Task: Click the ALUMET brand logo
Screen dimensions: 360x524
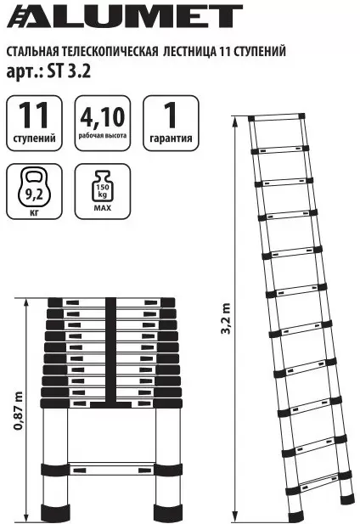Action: click(x=125, y=15)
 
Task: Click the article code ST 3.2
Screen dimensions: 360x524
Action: click(x=69, y=70)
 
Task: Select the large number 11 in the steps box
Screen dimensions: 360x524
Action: click(x=34, y=116)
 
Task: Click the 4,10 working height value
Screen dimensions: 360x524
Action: click(x=103, y=117)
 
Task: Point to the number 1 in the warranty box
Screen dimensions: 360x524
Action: click(x=171, y=116)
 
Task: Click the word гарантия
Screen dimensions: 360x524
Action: click(x=171, y=138)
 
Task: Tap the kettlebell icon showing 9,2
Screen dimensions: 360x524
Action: click(x=34, y=188)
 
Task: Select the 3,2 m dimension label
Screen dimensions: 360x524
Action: click(x=226, y=318)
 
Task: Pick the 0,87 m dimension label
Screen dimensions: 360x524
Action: click(x=19, y=411)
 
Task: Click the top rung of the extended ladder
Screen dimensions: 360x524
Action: click(x=277, y=118)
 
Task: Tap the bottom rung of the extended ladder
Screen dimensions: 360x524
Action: click(x=318, y=483)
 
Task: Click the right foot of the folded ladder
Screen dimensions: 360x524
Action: click(x=168, y=511)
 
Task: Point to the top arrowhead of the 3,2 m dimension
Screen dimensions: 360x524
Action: click(x=236, y=121)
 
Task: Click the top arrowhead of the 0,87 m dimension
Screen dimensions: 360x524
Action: click(x=26, y=303)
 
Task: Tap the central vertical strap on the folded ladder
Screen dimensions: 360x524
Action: click(x=111, y=352)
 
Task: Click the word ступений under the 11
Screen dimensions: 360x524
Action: click(x=34, y=138)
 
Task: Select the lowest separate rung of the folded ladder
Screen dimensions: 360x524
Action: click(x=111, y=470)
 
